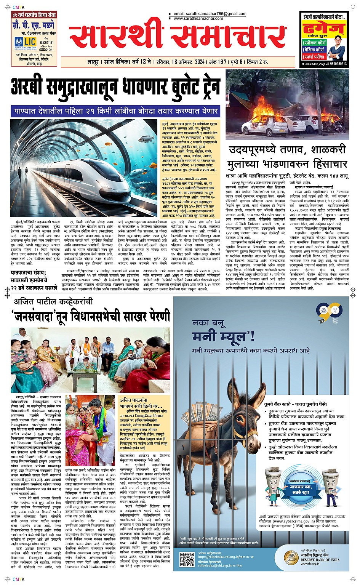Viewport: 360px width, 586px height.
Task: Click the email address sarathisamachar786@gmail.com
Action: coord(210,14)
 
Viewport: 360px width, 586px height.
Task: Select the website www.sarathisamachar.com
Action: coord(198,18)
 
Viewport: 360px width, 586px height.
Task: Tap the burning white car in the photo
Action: coord(263,123)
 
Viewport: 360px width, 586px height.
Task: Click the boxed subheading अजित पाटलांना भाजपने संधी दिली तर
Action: coord(141,403)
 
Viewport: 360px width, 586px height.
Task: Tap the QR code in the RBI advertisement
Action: coord(187,559)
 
